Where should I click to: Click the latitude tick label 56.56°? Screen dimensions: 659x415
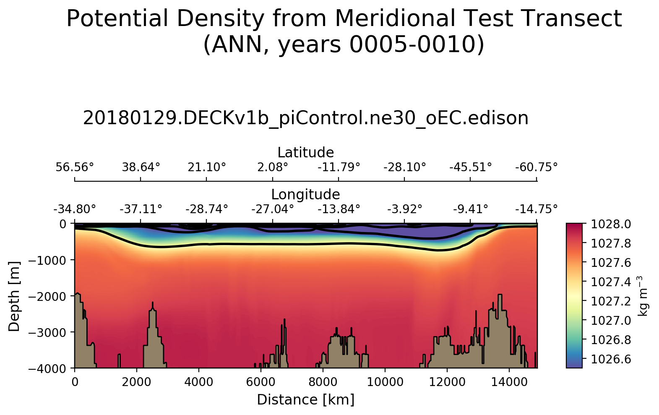pos(75,167)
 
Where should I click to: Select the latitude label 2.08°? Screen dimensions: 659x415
pos(273,167)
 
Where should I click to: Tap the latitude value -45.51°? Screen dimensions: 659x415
pos(470,167)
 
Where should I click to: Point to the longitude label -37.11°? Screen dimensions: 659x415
pos(141,209)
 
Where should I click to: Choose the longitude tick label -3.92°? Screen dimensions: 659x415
pos(404,209)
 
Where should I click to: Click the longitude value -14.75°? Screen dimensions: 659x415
pos(537,209)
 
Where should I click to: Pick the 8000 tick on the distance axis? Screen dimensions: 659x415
pos(323,382)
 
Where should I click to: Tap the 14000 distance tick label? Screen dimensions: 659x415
pos(509,382)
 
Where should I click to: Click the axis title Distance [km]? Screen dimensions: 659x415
pos(306,400)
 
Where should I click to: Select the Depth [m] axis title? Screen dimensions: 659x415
pos(14,296)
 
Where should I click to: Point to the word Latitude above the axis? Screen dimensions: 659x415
pos(306,152)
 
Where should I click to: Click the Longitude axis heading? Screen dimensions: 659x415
pos(306,195)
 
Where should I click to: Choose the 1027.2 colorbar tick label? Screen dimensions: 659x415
pos(611,301)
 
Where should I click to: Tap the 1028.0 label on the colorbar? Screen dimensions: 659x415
pos(611,224)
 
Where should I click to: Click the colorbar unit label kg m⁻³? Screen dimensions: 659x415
pos(643,296)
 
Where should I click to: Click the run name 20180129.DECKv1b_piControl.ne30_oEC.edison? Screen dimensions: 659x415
pos(306,118)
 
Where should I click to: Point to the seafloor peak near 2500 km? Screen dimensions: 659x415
pos(153,303)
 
